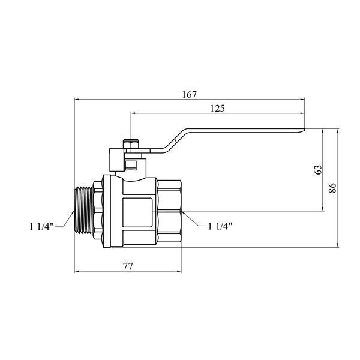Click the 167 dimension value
coord(190,95)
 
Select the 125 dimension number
coord(218,109)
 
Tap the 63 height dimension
coord(319,170)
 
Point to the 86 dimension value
coord(332,188)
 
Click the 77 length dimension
coord(128,266)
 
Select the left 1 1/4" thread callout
coord(41,227)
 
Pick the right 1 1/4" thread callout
coord(220,226)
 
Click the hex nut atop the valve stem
coord(131,144)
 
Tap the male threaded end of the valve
coord(85,211)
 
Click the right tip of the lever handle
coord(305,130)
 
